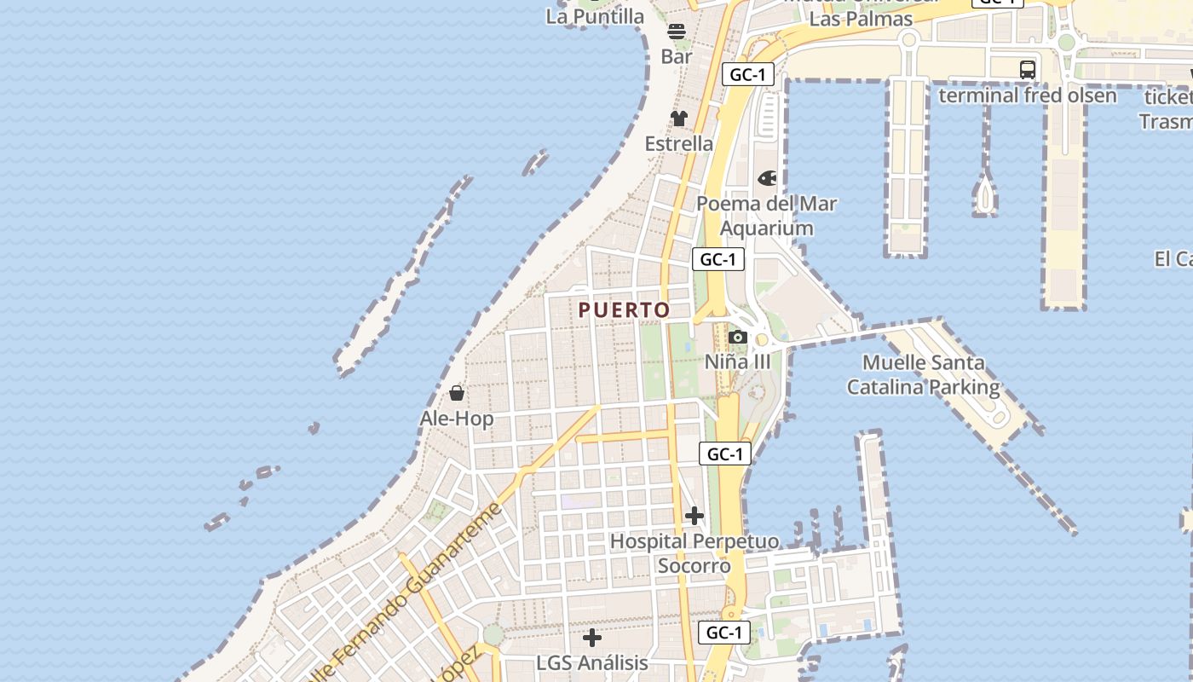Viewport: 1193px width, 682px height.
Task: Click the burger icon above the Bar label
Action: click(x=677, y=32)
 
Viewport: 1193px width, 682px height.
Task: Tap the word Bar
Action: click(x=677, y=56)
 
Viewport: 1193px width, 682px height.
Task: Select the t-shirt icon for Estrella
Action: click(x=679, y=118)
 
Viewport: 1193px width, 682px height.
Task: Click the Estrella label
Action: click(x=679, y=143)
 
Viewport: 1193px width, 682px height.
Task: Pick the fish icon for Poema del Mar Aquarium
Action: click(x=768, y=178)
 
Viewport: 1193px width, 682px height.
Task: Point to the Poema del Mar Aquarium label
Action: click(x=767, y=216)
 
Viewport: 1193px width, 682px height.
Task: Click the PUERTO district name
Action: click(x=625, y=310)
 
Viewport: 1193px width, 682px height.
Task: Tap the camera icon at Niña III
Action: click(x=738, y=338)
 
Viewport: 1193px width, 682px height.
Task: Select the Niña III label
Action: click(x=738, y=361)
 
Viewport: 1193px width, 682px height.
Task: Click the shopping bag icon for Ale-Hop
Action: click(x=457, y=393)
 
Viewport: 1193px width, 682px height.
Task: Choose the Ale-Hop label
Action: click(x=457, y=419)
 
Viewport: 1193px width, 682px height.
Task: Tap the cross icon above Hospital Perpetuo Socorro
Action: click(x=694, y=516)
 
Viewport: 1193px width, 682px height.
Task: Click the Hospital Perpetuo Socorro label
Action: click(x=694, y=553)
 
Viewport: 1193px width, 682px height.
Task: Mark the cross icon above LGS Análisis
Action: click(x=592, y=638)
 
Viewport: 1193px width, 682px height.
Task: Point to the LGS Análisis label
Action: click(x=592, y=662)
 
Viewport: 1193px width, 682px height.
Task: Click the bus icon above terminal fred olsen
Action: click(x=1028, y=70)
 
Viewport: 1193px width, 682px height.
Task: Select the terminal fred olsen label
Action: click(x=1028, y=95)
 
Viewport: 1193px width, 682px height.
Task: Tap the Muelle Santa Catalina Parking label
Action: click(x=924, y=374)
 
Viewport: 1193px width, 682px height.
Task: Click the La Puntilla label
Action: click(x=596, y=16)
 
